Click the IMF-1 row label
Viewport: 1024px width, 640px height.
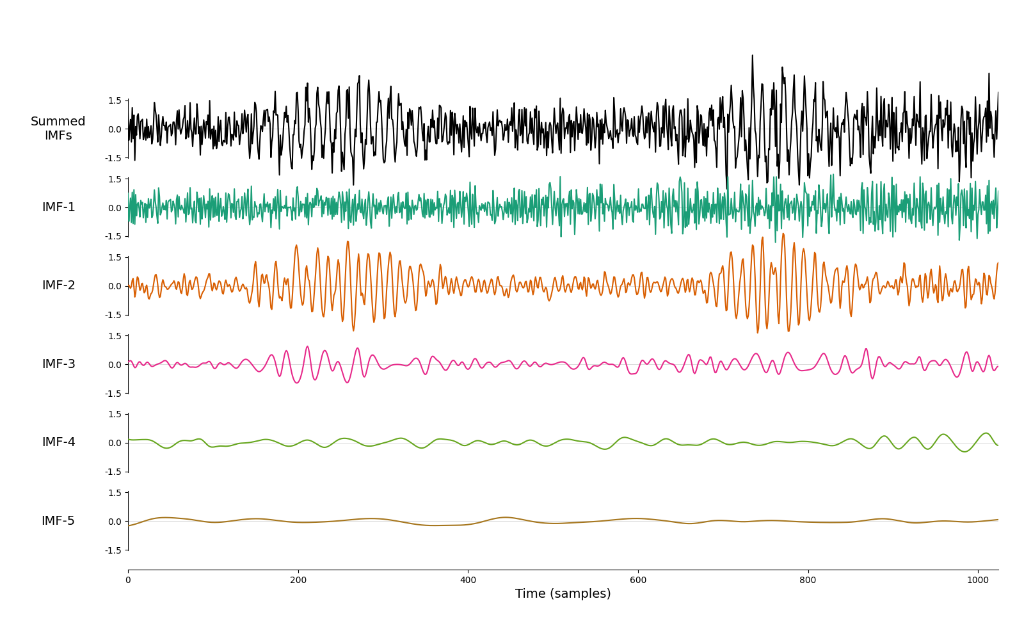tap(58, 207)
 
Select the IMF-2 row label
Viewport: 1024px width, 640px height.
tap(58, 285)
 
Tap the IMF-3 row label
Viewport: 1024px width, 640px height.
tap(58, 364)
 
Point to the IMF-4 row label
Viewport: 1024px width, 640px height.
tap(58, 442)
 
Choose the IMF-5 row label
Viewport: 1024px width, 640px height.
tap(58, 521)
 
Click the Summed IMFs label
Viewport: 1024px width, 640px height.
tap(58, 128)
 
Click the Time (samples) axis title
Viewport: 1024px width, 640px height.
tap(563, 594)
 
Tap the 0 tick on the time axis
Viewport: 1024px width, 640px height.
tap(128, 580)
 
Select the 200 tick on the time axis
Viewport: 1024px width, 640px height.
tap(298, 580)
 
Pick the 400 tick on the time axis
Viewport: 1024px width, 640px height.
tap(468, 580)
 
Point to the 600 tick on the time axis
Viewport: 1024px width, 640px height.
tap(638, 580)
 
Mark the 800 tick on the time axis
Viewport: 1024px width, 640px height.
tap(808, 580)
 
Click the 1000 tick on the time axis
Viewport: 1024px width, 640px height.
tap(978, 580)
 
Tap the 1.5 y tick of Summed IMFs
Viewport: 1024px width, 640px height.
tap(115, 100)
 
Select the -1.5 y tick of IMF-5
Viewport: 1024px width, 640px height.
tap(113, 550)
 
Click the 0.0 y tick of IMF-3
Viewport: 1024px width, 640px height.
tap(115, 365)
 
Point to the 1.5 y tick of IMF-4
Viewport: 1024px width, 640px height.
tap(115, 415)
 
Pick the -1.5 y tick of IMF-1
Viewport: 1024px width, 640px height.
tap(113, 236)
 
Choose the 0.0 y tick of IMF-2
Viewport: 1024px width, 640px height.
tap(115, 287)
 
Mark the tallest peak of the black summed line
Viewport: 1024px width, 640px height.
tap(753, 56)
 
